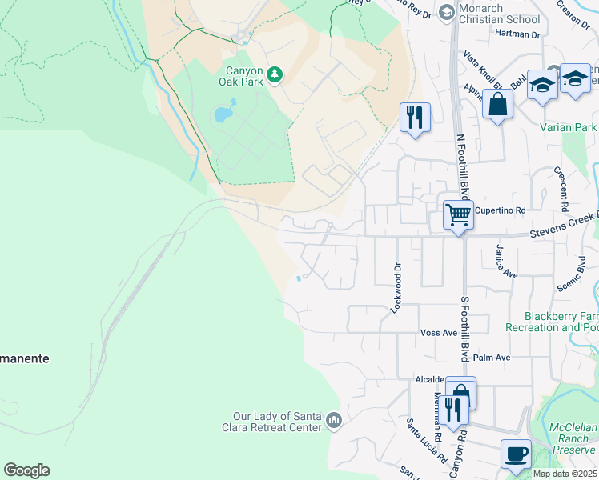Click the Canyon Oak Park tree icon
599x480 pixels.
[x=275, y=74]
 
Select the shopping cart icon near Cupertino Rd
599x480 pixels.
[x=458, y=214]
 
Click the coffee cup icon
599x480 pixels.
[x=516, y=454]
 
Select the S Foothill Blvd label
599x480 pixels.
[x=463, y=328]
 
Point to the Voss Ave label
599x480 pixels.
[x=438, y=332]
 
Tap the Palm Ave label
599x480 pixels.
[x=491, y=358]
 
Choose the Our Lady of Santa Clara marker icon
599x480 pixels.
[x=334, y=420]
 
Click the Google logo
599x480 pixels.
[x=26, y=470]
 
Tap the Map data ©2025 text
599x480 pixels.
[x=564, y=474]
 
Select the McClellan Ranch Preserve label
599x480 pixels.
[x=575, y=438]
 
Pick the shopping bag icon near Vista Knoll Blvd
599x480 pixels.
[x=497, y=105]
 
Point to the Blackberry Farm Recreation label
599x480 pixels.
[x=561, y=322]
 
